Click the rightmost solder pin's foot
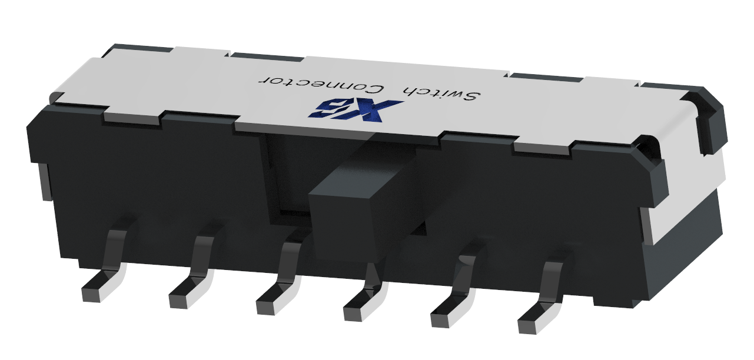[534, 321]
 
